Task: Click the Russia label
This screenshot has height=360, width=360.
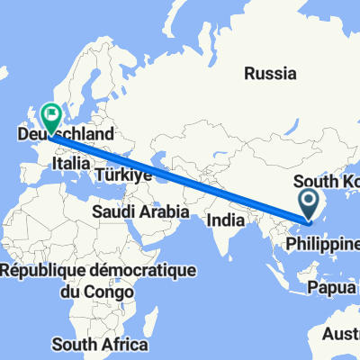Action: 270,73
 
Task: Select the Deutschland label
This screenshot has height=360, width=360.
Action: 66,134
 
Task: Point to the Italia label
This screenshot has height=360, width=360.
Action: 72,163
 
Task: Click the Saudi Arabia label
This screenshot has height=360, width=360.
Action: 139,211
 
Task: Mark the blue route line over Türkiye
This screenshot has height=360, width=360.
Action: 135,162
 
